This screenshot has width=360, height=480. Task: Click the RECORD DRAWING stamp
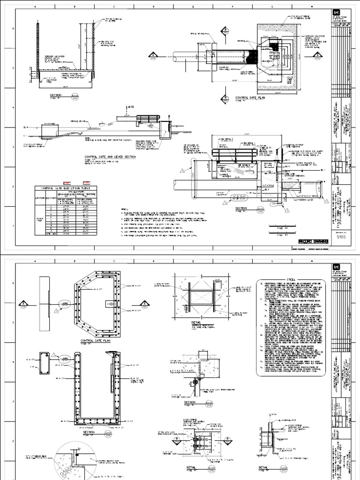[311, 241]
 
